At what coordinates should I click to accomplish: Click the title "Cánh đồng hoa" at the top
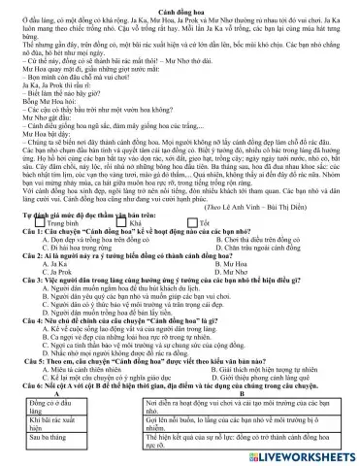(x=179, y=6)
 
